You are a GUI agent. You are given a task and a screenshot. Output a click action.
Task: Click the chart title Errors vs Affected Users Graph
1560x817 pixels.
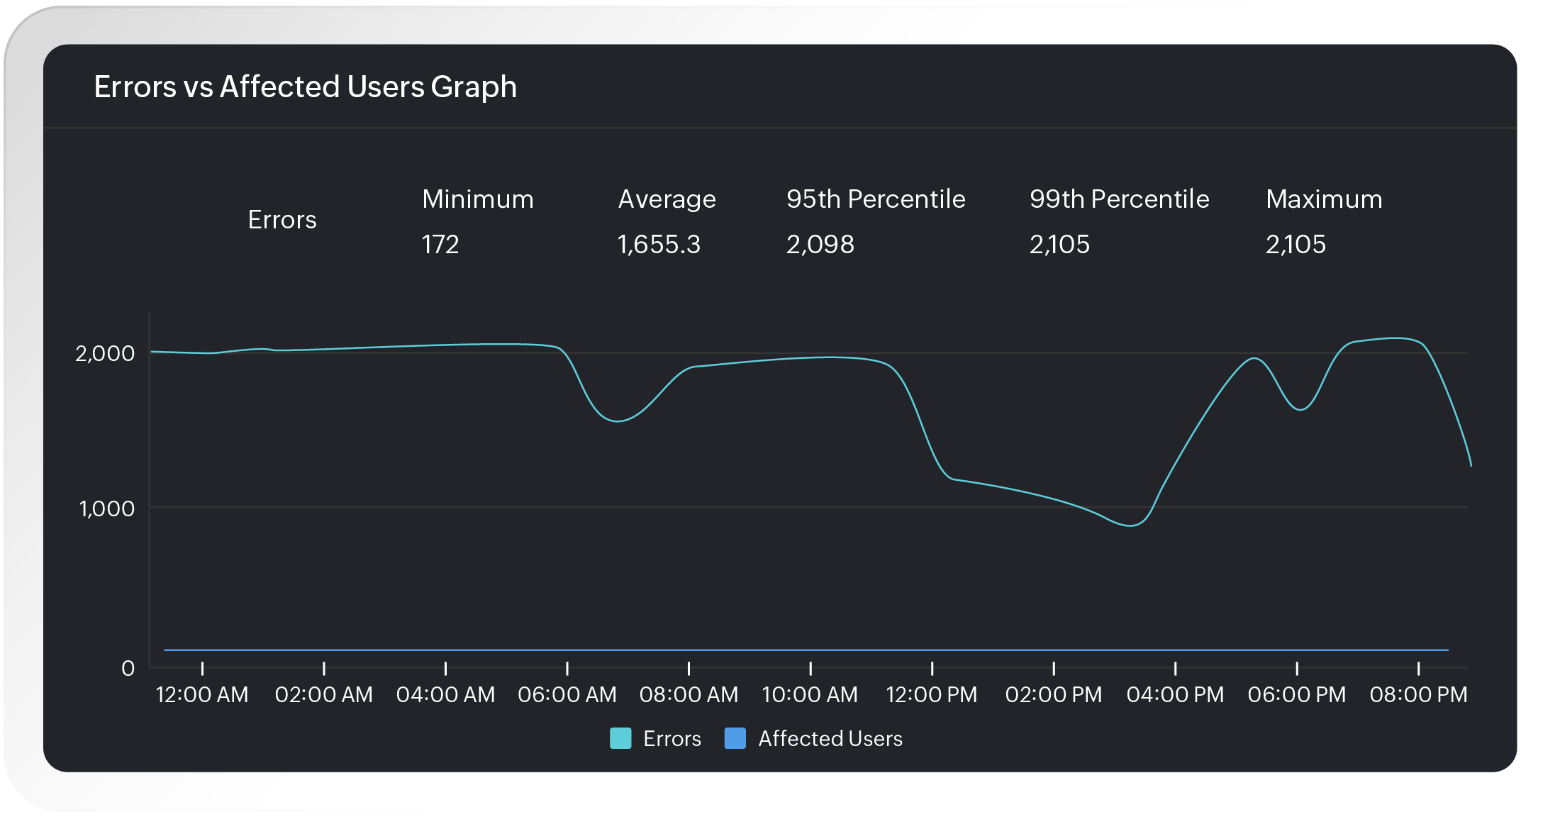305,87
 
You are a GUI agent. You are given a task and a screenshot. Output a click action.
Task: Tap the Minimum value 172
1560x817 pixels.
440,245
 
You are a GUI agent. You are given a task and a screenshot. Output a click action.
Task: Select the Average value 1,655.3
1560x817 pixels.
659,245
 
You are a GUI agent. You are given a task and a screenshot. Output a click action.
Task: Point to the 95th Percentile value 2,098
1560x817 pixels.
820,245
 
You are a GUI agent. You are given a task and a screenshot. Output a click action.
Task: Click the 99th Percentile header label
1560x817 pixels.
1119,199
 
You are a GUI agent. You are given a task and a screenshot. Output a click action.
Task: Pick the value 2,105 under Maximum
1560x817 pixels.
1296,245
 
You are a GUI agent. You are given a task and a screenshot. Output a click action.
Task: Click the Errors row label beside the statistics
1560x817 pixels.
282,220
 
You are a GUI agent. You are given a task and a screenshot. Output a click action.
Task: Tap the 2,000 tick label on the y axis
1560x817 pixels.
105,353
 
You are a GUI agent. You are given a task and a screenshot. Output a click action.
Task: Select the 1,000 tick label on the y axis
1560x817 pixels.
106,508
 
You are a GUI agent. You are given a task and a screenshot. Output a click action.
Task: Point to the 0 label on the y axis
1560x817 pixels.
128,668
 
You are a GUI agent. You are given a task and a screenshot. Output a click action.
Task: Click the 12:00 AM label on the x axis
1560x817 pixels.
202,694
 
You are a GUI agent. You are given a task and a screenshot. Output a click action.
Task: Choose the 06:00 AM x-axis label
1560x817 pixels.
567,694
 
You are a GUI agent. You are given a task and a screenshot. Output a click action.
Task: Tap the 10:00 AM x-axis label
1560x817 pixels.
810,694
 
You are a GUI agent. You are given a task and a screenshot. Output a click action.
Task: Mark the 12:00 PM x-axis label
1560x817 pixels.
932,694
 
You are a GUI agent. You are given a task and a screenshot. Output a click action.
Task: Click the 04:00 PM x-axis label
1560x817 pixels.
1175,694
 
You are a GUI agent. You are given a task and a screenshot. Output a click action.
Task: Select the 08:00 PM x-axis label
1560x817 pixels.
1418,694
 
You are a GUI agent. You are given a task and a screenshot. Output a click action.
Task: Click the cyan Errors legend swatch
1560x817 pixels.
620,738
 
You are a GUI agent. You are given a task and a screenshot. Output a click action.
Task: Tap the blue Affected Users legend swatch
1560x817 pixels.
735,738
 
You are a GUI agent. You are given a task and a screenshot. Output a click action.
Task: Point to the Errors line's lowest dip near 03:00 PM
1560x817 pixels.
1130,526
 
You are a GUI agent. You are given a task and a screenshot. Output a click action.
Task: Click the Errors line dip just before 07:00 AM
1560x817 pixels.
618,421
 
